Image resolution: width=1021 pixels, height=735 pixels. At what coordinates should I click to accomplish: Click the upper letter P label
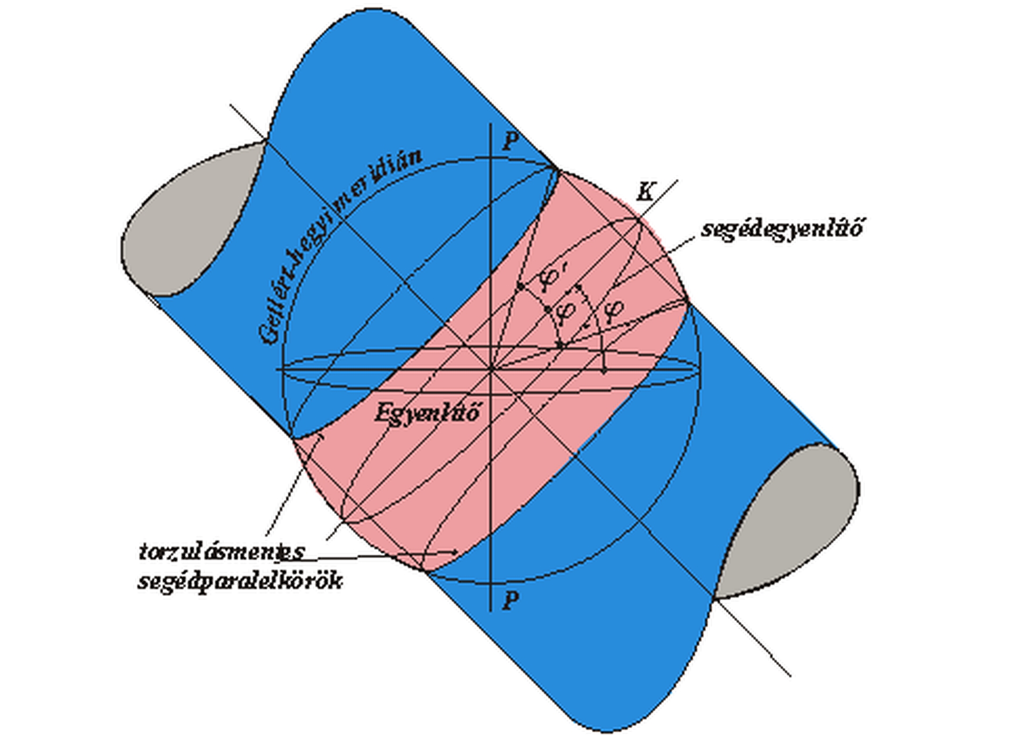(510, 142)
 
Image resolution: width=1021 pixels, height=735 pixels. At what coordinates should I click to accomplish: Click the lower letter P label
(510, 600)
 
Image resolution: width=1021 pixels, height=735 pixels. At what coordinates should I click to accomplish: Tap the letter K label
(645, 192)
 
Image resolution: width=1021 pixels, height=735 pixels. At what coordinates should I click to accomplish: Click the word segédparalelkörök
(240, 581)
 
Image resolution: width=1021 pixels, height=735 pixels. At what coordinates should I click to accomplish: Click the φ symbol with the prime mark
(548, 278)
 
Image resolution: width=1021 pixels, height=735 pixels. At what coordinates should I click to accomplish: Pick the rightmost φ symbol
(614, 309)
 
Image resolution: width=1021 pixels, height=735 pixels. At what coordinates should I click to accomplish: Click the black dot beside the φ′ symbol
(521, 286)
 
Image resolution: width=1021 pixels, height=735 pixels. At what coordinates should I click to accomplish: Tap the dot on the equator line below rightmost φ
(604, 368)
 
